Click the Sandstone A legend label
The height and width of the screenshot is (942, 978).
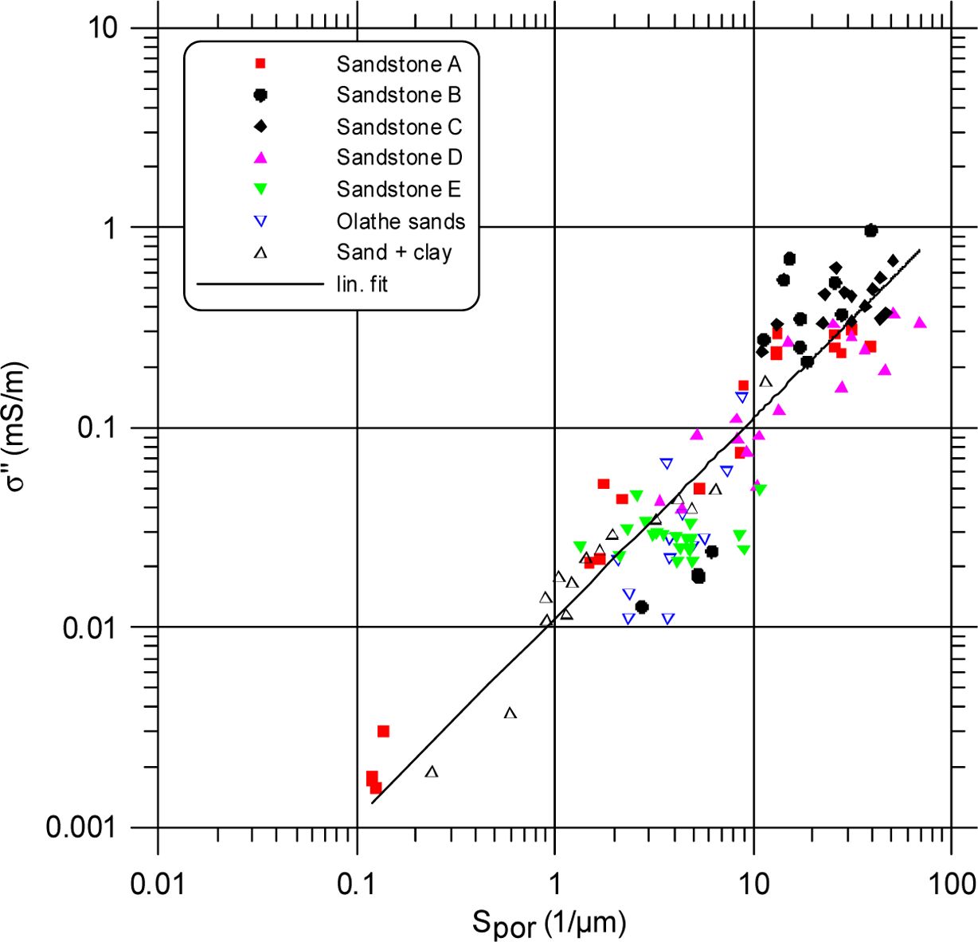tap(398, 64)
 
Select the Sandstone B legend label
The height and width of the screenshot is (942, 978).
tap(398, 95)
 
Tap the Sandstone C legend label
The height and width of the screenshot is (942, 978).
tap(398, 127)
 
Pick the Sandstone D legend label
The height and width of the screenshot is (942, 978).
tap(398, 158)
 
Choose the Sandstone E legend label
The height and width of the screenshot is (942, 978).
tap(398, 189)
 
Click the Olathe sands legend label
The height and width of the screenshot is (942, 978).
tap(401, 221)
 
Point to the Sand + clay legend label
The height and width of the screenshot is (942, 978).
tap(394, 252)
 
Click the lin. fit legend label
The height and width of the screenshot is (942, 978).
tap(362, 283)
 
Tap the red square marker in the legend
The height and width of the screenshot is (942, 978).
tap(260, 64)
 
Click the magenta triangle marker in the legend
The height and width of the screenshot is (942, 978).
tap(260, 158)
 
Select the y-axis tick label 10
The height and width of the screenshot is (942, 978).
tap(102, 29)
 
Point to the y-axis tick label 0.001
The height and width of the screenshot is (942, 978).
tap(81, 827)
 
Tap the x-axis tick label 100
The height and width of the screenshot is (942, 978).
tap(953, 882)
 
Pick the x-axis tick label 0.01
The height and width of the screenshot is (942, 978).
tap(157, 882)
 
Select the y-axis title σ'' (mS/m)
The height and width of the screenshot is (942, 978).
tap(18, 427)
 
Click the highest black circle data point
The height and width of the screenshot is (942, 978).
tap(870, 230)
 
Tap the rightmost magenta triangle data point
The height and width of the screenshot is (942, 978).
tap(920, 322)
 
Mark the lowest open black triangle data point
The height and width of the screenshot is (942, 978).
tap(432, 772)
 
